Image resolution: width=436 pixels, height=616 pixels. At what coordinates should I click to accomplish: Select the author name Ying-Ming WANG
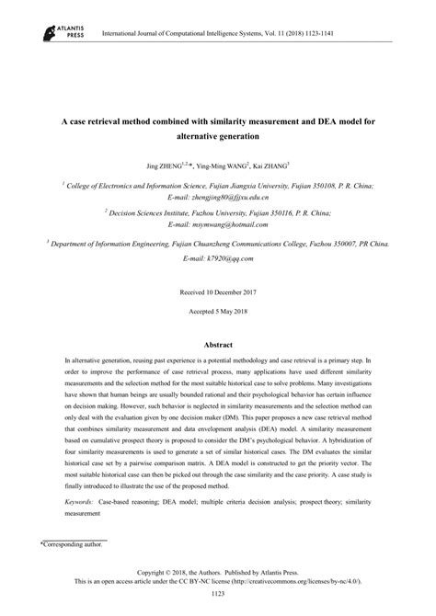(223, 165)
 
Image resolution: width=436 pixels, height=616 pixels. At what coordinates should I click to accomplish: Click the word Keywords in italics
(83, 503)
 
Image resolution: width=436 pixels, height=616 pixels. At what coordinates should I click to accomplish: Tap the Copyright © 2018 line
(218, 572)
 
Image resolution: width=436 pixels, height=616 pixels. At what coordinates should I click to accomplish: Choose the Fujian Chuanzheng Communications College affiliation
(218, 245)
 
